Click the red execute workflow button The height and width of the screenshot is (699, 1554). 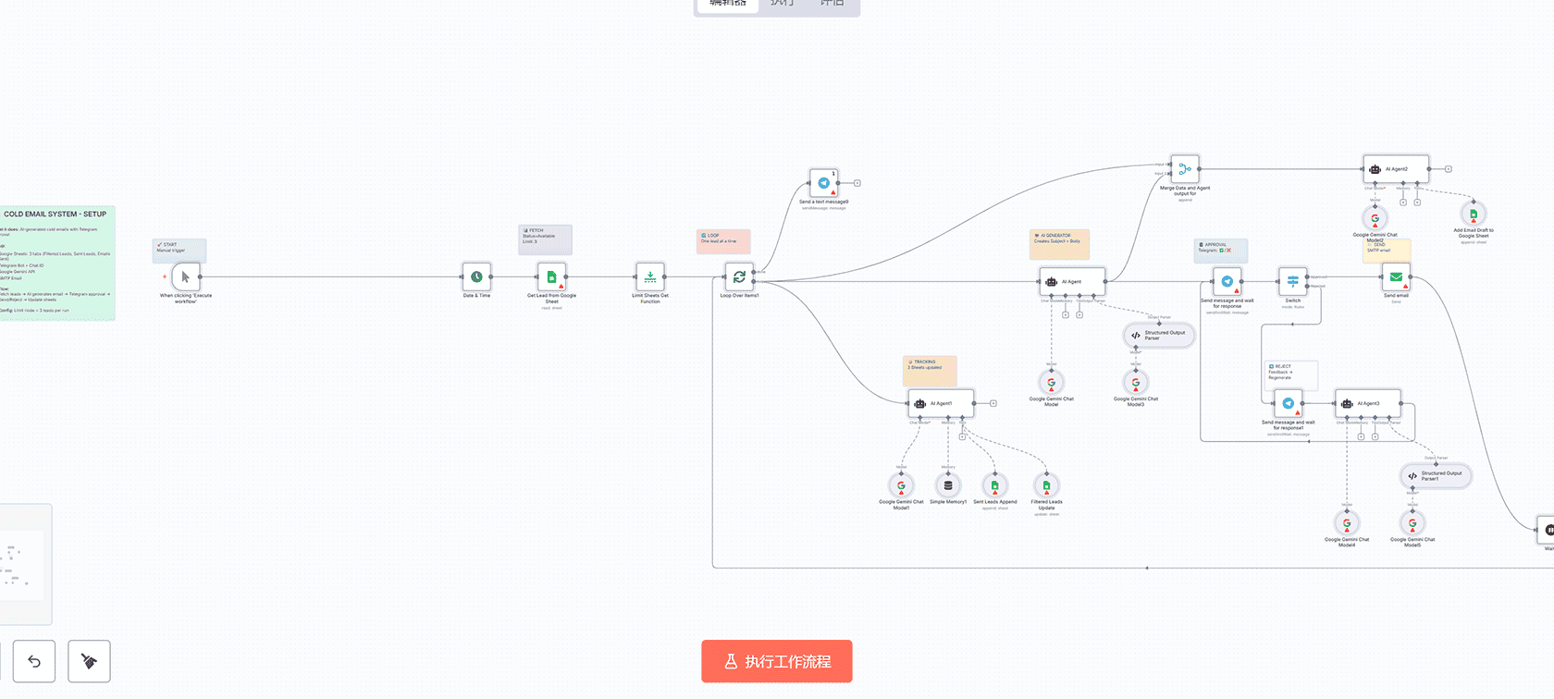click(x=776, y=661)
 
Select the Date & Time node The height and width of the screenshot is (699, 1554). click(x=476, y=276)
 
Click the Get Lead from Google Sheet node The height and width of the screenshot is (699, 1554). click(x=551, y=276)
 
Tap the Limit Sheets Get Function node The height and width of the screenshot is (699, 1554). click(x=650, y=276)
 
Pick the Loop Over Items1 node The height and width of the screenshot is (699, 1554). click(x=739, y=276)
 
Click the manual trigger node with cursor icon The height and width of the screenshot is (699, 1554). click(x=185, y=276)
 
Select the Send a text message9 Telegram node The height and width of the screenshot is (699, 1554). click(x=823, y=183)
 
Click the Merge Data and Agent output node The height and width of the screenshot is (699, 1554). click(x=1184, y=169)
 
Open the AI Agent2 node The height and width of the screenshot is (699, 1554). click(x=1395, y=169)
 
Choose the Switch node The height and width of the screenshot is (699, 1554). click(x=1292, y=281)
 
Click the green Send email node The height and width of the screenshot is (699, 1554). click(x=1396, y=276)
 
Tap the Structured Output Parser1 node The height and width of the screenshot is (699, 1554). click(x=1435, y=476)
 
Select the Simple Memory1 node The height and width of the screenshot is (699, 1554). click(x=948, y=485)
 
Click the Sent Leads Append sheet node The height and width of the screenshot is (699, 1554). click(x=995, y=485)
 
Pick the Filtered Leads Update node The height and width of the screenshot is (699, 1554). click(x=1046, y=485)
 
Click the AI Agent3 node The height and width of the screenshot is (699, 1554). click(x=1367, y=403)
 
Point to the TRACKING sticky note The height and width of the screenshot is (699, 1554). click(x=930, y=370)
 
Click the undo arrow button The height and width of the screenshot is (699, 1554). click(x=34, y=661)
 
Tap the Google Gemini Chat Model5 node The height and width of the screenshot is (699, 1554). click(x=1412, y=523)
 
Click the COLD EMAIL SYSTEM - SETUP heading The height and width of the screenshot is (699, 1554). click(x=55, y=215)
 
